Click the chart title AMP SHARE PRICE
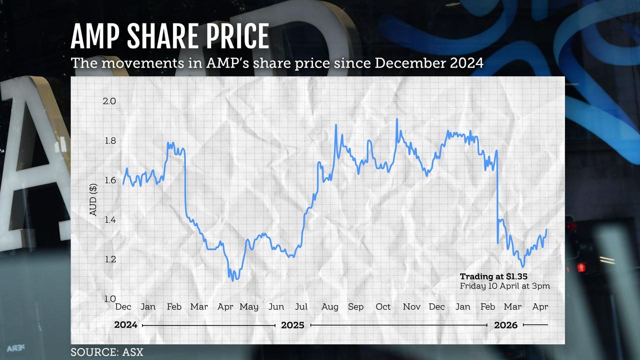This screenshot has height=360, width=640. pos(170,36)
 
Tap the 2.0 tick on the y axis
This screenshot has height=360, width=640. pos(109,101)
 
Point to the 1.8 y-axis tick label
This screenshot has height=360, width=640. pos(109,140)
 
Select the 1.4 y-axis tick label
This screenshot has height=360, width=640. pos(109,219)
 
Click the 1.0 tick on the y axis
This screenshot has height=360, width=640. pos(109,298)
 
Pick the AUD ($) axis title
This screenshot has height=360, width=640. pos(93,200)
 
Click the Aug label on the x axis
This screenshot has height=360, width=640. pos(330,306)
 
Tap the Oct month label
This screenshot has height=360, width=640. pos(383,306)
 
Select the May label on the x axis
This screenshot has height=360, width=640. pos(249,306)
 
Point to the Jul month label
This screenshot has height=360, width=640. pos(301,306)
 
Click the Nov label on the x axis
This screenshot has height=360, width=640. pos(411,306)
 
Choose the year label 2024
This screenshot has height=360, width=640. pos(126,325)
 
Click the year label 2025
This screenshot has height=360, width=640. pos(292,325)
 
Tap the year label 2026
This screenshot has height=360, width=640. pos(506,325)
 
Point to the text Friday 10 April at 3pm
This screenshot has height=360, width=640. pos(505,286)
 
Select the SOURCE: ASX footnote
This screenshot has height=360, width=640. pos(107,352)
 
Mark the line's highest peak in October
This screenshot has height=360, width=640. pos(397,119)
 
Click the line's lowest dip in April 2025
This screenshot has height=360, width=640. pos(233,280)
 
